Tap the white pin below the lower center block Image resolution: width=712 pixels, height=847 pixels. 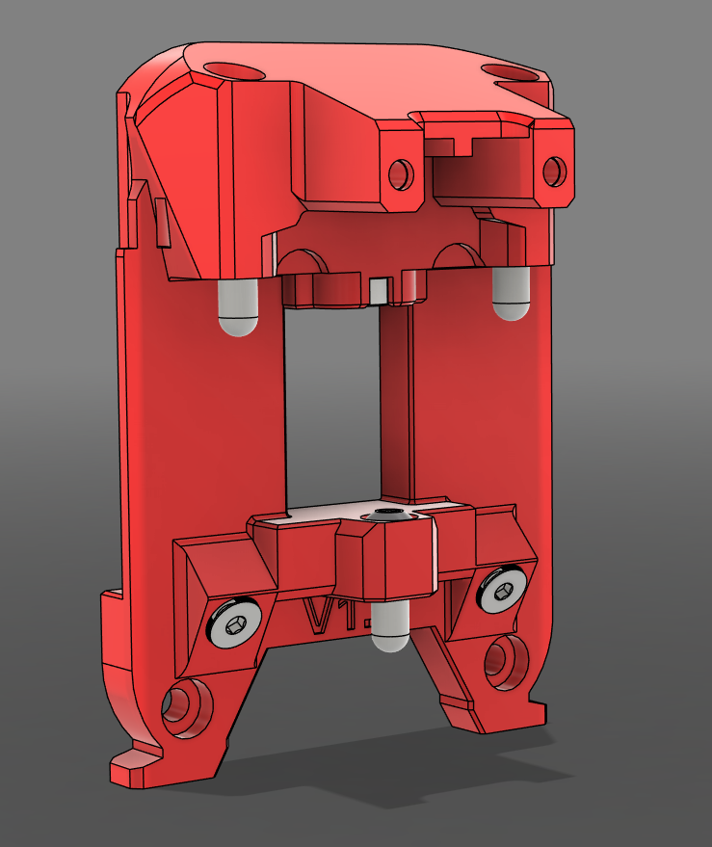point(391,628)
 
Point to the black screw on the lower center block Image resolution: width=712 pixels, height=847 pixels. point(387,518)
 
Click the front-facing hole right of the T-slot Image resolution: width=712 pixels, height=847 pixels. point(553,171)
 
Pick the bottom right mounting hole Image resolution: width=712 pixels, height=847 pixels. point(503,660)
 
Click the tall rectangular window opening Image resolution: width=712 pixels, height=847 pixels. point(332,405)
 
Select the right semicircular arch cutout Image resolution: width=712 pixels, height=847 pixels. point(457,255)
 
